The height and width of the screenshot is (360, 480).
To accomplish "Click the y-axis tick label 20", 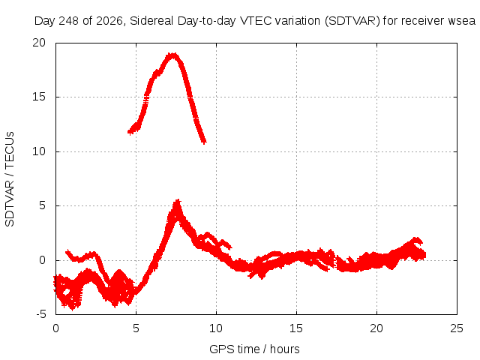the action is [39, 43].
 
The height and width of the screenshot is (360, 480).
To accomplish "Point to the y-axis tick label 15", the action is [39, 97].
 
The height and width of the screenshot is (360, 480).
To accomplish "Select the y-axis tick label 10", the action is [39, 151].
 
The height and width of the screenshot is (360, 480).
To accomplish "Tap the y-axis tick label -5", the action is [41, 314].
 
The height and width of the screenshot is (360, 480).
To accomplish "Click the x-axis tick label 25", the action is [457, 328].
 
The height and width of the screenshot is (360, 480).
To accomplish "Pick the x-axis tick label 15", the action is [296, 328].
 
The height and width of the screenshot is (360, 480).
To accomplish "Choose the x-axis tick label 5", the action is [136, 328].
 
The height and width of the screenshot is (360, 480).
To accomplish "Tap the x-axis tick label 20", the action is [376, 328].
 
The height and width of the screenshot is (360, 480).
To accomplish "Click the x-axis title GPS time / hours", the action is [254, 349].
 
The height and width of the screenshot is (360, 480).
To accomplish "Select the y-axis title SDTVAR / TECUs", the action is [10, 179].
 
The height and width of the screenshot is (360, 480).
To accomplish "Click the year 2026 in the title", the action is [109, 22].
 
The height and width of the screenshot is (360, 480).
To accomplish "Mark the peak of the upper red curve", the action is [173, 55].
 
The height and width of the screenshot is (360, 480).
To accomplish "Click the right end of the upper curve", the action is [204, 142].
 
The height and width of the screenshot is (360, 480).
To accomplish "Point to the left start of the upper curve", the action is [130, 132].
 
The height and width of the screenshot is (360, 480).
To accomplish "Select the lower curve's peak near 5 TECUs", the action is [177, 201].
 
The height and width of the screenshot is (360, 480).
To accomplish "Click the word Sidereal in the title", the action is [151, 21].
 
